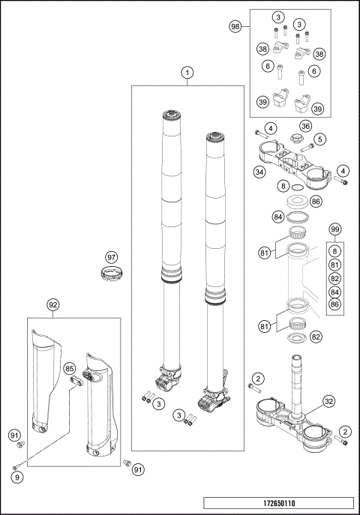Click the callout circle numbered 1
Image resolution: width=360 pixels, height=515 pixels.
187,73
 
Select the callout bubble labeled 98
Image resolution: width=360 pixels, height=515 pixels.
235,25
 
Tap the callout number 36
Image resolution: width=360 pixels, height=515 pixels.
306,126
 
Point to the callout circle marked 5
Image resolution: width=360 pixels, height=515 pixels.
319,139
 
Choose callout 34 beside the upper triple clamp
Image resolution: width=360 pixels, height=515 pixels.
259,172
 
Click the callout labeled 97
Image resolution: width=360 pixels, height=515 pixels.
110,257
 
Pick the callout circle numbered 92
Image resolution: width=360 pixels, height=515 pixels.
53,305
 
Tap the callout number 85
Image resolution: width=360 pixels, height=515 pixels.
69,369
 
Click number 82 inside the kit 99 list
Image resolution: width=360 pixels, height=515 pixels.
335,277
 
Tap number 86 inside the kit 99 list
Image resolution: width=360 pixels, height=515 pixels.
335,304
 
